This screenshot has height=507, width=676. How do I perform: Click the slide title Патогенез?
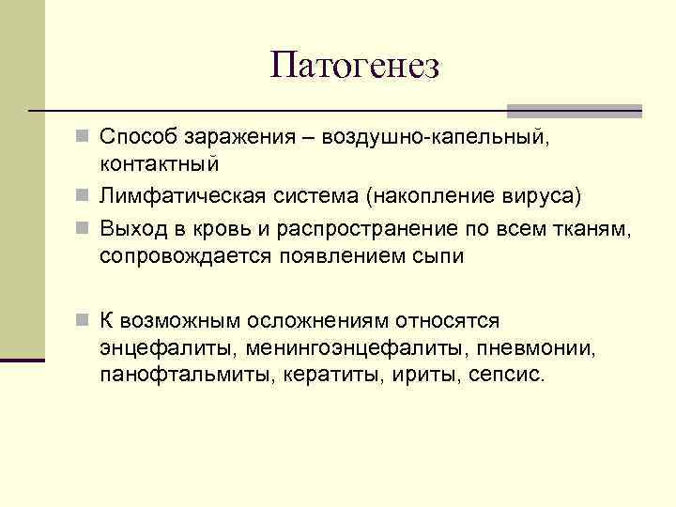tap(354, 66)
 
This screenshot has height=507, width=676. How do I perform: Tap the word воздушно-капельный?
tap(434, 138)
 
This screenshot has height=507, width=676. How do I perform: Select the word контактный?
tap(160, 163)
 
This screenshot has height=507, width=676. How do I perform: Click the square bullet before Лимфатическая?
tap(83, 196)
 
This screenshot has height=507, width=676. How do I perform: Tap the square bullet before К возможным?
tap(83, 320)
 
